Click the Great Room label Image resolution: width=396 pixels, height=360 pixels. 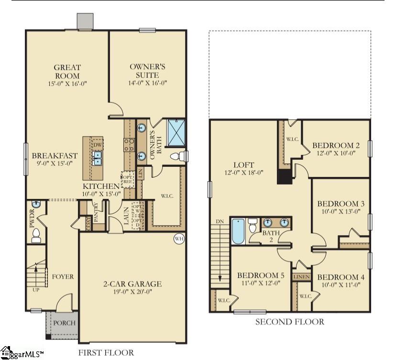tap(67, 72)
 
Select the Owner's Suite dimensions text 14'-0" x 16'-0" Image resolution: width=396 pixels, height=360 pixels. tap(147, 83)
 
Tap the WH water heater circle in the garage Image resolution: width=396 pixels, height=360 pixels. tap(179, 239)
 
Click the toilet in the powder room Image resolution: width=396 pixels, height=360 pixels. tap(35, 235)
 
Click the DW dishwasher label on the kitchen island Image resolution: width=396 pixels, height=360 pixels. tap(97, 145)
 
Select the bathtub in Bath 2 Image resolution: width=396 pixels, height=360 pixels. tap(238, 231)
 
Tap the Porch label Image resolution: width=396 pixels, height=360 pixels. tap(64, 323)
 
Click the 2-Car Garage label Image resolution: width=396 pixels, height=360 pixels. tap(132, 284)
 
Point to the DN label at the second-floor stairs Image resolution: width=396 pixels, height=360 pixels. tap(220, 221)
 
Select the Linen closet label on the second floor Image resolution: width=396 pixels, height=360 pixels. tap(301, 277)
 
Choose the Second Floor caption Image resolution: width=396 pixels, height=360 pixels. tap(289, 322)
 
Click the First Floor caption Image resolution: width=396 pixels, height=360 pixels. tap(106, 353)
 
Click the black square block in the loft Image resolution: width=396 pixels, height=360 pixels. tap(285, 176)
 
